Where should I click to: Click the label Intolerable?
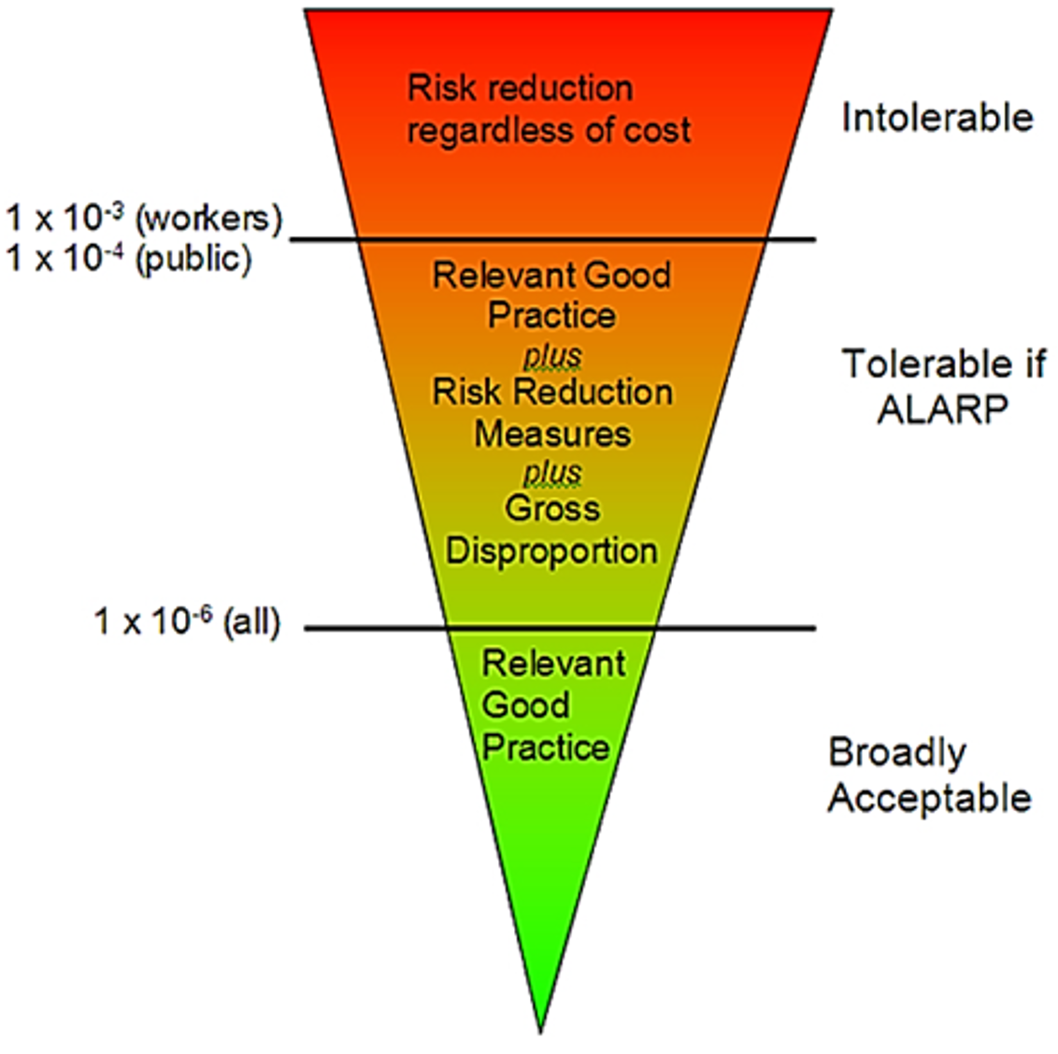pyautogui.click(x=937, y=118)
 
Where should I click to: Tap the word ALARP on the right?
pyautogui.click(x=942, y=409)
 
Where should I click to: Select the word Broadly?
pyautogui.click(x=897, y=752)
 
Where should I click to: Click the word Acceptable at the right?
pyautogui.click(x=929, y=798)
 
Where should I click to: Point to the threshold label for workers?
pyautogui.click(x=143, y=218)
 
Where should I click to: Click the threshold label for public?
pyautogui.click(x=129, y=258)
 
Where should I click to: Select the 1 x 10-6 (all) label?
pyautogui.click(x=187, y=620)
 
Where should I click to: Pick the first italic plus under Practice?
pyautogui.click(x=551, y=355)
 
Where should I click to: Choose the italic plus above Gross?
pyautogui.click(x=551, y=472)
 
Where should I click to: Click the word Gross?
pyautogui.click(x=551, y=509)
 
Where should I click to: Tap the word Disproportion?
pyautogui.click(x=551, y=550)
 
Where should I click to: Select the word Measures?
pyautogui.click(x=551, y=434)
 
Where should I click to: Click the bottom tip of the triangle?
pyautogui.click(x=540, y=1030)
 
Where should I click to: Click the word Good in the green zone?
pyautogui.click(x=525, y=705)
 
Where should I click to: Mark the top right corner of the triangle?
pyautogui.click(x=831, y=10)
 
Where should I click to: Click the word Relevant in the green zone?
pyautogui.click(x=553, y=663)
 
